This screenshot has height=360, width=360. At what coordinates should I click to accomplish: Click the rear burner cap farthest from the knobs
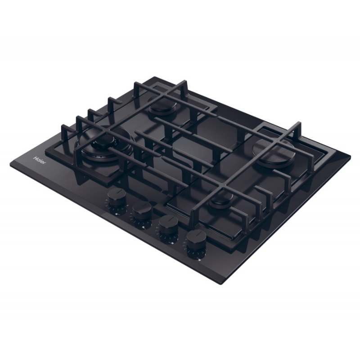click(x=160, y=108)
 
